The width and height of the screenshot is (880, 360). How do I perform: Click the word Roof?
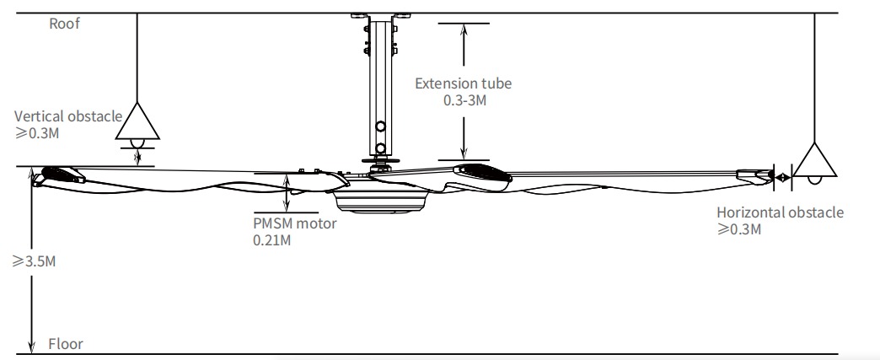tap(64, 24)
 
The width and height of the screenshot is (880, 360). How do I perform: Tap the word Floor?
tap(66, 344)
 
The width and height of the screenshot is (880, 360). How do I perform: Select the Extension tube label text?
tap(463, 83)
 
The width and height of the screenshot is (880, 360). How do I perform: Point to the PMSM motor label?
tap(294, 223)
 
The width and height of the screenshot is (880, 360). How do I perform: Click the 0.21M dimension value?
tap(271, 239)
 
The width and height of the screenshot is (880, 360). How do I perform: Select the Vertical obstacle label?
tap(68, 116)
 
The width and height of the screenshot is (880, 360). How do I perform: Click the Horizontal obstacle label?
tap(780, 212)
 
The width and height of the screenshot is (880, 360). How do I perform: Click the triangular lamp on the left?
tap(137, 124)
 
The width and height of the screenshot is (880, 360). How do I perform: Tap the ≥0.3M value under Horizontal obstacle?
tap(739, 229)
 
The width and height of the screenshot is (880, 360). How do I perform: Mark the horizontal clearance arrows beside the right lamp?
tap(783, 177)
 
